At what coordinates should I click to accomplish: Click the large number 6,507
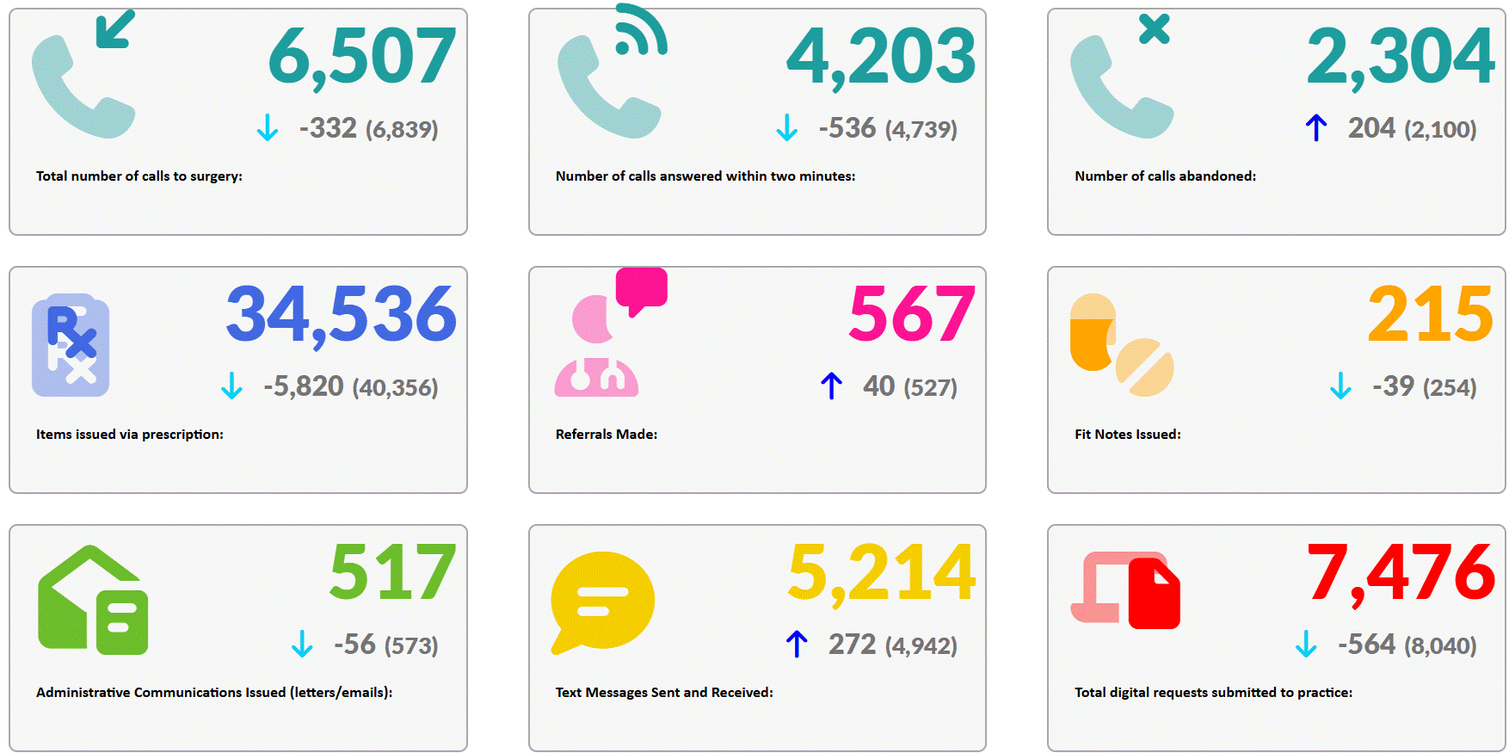point(362,56)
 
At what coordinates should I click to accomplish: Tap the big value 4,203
point(881,56)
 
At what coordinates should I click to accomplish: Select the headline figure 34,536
point(341,314)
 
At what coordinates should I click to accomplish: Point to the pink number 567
point(912,314)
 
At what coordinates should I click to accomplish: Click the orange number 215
point(1431,314)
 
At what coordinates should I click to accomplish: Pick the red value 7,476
point(1401,572)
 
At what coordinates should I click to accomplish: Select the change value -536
point(847,128)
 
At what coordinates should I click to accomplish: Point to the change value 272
point(852,645)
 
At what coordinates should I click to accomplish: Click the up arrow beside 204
point(1315,127)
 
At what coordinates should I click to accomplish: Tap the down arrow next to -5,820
point(231,386)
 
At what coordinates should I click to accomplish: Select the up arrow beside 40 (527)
point(831,386)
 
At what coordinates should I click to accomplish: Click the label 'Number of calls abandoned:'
point(1165,176)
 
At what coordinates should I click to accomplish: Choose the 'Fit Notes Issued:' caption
point(1127,435)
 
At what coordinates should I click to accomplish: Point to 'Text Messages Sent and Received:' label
point(664,693)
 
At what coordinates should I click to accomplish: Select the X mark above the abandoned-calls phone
point(1154,29)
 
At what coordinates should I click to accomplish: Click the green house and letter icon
point(93,601)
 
